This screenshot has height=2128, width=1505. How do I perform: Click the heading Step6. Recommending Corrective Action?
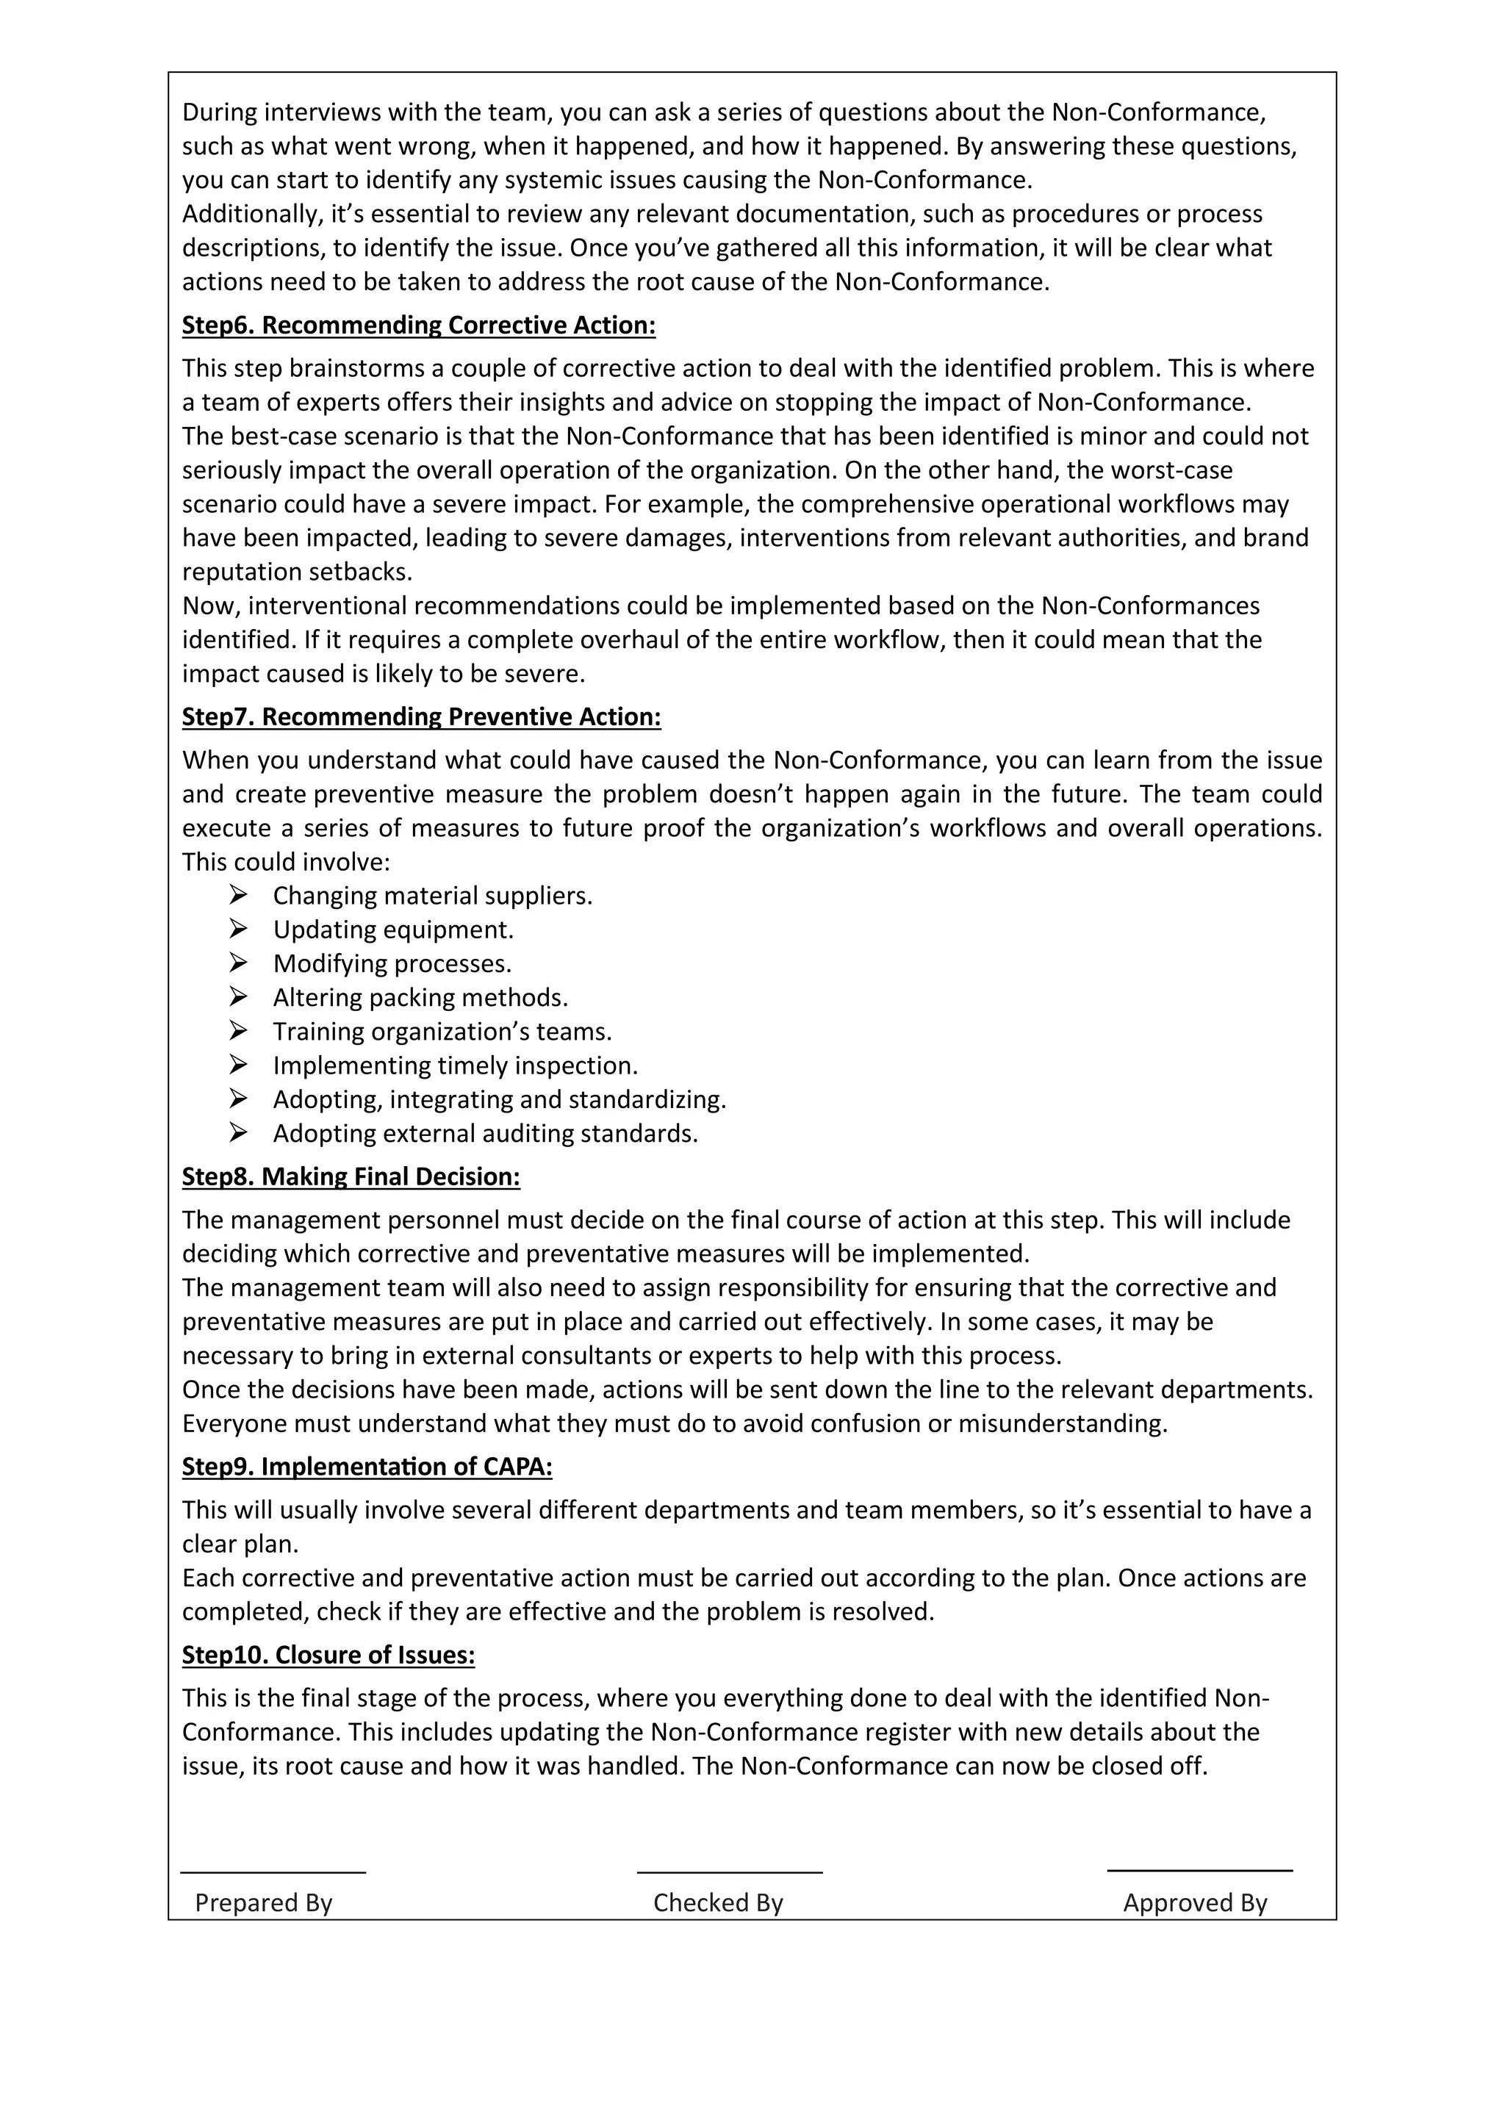tap(418, 326)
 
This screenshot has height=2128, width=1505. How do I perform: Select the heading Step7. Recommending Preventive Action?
tap(421, 717)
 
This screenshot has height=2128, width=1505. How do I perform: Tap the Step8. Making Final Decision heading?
tap(351, 1177)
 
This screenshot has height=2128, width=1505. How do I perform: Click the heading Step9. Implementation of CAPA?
tap(366, 1467)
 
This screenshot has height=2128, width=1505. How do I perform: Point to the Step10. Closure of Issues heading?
tap(328, 1656)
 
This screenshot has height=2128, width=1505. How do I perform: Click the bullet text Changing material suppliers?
tap(432, 896)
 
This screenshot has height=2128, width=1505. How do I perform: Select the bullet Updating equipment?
tap(393, 930)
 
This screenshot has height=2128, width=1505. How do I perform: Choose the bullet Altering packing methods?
tap(420, 998)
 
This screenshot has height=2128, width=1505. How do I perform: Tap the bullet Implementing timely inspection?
tap(455, 1066)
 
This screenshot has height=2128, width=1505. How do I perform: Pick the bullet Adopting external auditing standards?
tap(485, 1134)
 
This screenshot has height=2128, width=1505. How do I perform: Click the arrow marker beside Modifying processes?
tap(238, 963)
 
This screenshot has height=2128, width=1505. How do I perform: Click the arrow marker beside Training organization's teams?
tap(238, 1031)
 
